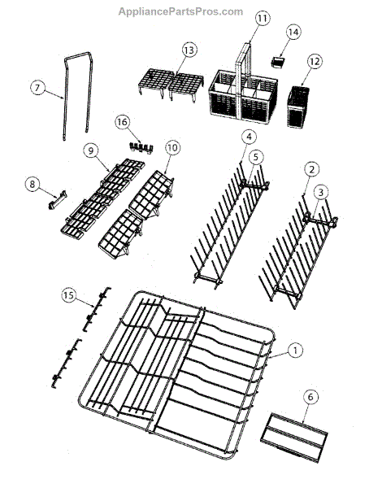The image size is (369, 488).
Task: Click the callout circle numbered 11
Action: pyautogui.click(x=263, y=19)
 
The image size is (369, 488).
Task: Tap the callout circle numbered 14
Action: pyautogui.click(x=293, y=32)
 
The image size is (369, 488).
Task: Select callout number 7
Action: pyautogui.click(x=37, y=88)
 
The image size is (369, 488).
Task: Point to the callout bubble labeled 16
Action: pyautogui.click(x=122, y=122)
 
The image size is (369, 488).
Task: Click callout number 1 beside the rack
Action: pyautogui.click(x=295, y=351)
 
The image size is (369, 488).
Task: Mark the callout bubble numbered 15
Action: pyautogui.click(x=69, y=294)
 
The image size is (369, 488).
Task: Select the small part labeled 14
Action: pyautogui.click(x=278, y=62)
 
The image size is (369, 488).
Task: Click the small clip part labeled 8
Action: pyautogui.click(x=58, y=199)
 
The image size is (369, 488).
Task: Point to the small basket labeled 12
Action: pyautogui.click(x=298, y=107)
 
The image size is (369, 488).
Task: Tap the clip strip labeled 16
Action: pyautogui.click(x=141, y=147)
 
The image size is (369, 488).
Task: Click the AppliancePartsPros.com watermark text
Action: pyautogui.click(x=180, y=12)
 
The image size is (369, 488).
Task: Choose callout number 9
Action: pyautogui.click(x=90, y=150)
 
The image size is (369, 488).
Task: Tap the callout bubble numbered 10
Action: pyautogui.click(x=172, y=147)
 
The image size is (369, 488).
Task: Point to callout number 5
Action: pyautogui.click(x=255, y=157)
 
